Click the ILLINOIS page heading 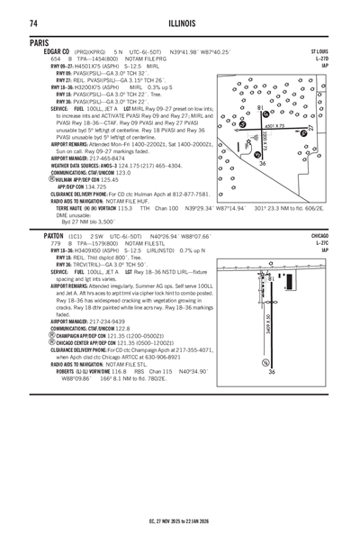click(x=180, y=22)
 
